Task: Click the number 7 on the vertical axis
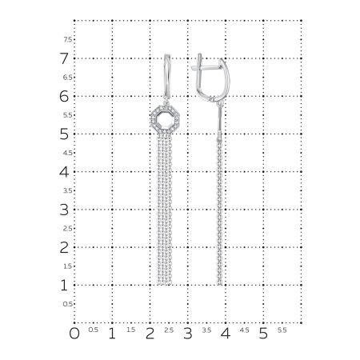64,58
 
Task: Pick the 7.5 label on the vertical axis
68,39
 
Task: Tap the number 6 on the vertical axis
64,96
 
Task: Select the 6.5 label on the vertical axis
68,78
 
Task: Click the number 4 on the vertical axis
64,171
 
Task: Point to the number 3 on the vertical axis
64,210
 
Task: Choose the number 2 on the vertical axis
64,247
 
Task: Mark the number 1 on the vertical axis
64,285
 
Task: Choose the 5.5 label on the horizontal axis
282,330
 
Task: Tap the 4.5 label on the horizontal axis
244,330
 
